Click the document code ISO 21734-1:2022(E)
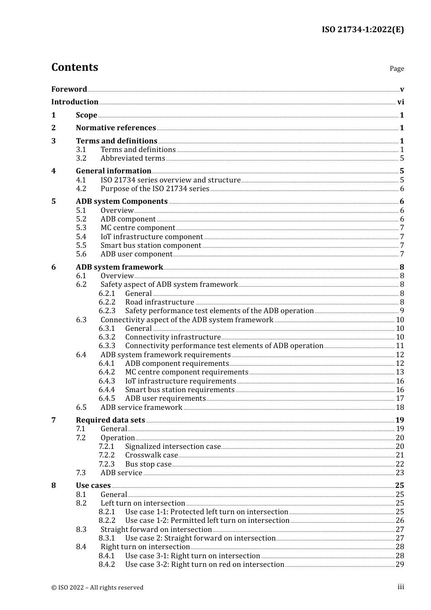362,30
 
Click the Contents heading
74,67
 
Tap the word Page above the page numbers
397,69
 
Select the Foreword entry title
69,89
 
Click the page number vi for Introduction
401,102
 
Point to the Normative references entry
116,128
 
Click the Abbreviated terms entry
132,158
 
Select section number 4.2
81,189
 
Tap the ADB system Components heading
122,202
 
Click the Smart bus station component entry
151,246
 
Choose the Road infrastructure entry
160,302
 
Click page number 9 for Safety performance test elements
402,311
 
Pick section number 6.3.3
107,346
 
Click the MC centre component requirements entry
186,372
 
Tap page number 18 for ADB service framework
400,408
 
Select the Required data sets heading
110,420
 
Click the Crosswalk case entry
152,455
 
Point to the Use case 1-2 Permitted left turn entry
207,521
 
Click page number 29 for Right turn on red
400,565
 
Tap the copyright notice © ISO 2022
97,587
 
